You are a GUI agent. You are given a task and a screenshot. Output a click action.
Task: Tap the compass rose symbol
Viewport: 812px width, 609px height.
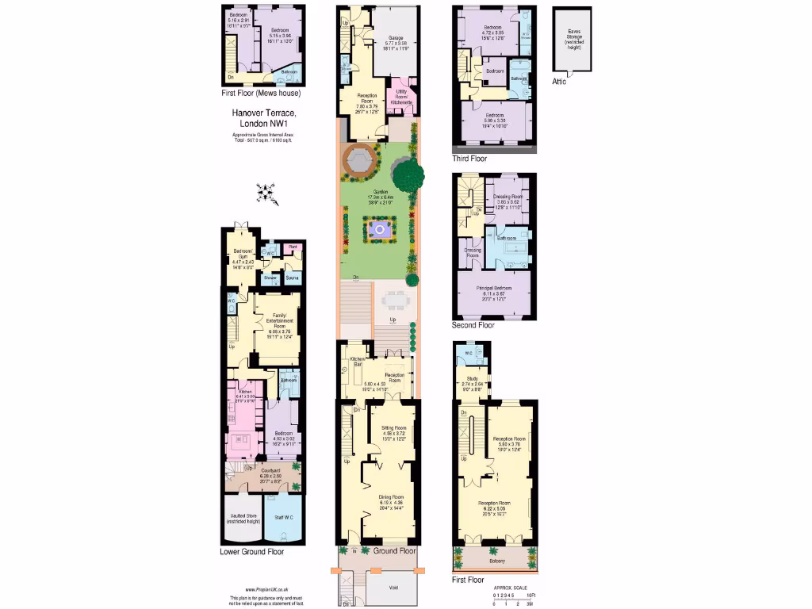pyautogui.click(x=269, y=192)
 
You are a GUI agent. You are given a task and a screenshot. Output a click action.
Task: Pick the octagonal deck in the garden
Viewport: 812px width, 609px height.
pyautogui.click(x=358, y=162)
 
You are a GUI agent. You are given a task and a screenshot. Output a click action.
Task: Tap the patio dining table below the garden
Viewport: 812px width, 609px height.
pyautogui.click(x=394, y=301)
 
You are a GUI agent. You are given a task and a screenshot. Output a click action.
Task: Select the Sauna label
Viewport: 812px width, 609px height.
pyautogui.click(x=291, y=279)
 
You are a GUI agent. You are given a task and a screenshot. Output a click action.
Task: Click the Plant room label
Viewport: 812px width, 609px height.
pyautogui.click(x=292, y=247)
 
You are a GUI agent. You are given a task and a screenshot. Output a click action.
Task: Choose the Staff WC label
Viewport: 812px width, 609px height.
pyautogui.click(x=282, y=517)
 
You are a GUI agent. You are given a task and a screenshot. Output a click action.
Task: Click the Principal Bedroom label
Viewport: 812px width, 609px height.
pyautogui.click(x=492, y=289)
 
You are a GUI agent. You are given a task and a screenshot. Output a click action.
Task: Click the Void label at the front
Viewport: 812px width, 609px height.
pyautogui.click(x=393, y=588)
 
